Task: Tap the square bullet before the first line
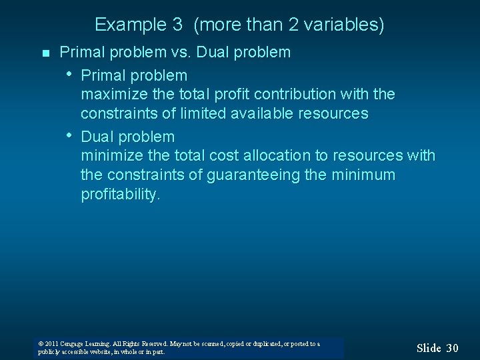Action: tap(45, 53)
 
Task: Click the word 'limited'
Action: tap(203, 114)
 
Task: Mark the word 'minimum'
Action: tap(363, 175)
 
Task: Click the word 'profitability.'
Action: tap(121, 195)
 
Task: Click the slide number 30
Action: tap(451, 347)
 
